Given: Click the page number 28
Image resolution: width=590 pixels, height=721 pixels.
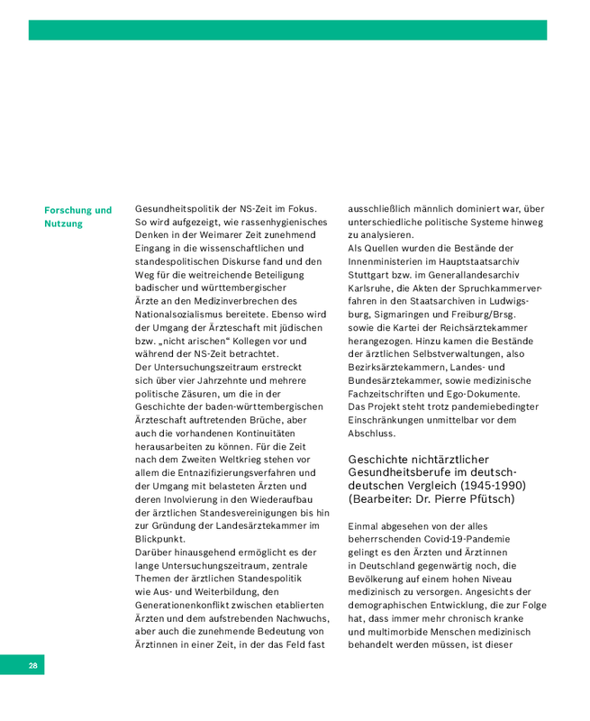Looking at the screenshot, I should (32, 666).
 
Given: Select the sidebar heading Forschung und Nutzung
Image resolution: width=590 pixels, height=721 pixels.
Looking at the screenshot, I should (77, 216).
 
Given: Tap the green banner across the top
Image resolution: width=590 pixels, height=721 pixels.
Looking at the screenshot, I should (287, 30).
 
